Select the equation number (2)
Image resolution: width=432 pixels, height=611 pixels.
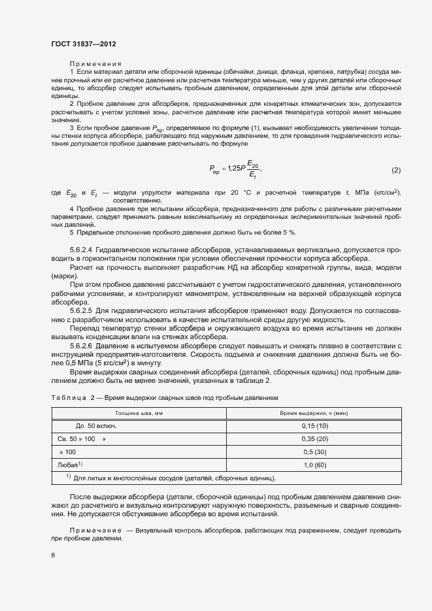click(x=395, y=171)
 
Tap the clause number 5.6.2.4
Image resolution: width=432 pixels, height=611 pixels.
click(x=82, y=250)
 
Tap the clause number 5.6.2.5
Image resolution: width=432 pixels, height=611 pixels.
click(x=82, y=312)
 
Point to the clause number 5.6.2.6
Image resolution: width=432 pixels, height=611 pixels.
click(x=82, y=344)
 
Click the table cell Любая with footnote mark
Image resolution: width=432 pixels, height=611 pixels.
click(x=71, y=465)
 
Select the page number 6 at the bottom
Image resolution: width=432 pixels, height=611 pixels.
click(x=53, y=555)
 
